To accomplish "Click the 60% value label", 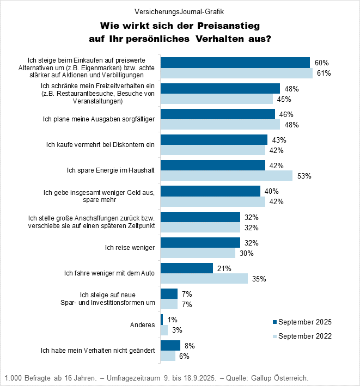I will point(322,63).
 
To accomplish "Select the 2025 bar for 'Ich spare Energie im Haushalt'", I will point(213,165).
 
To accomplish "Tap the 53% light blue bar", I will point(227,175).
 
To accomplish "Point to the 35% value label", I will point(259,279).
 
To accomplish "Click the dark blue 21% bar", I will point(187,268).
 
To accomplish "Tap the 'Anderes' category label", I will point(142,325).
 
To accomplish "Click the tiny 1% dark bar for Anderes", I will point(162,320).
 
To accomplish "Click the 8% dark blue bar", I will point(170,345).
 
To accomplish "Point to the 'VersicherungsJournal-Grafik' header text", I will point(180,11).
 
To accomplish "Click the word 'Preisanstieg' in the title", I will point(225,26).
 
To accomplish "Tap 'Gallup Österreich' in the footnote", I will point(284,377).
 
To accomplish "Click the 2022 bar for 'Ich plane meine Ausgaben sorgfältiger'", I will point(220,124).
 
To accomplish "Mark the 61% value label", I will point(324,73).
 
